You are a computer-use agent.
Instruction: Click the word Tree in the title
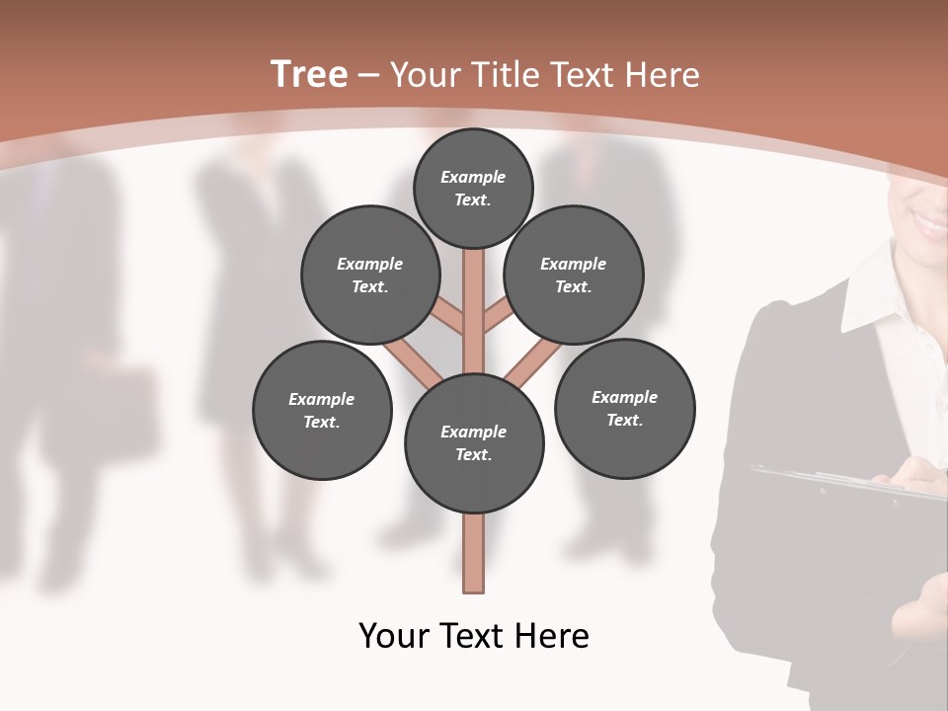click(309, 75)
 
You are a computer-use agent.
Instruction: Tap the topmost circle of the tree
click(473, 188)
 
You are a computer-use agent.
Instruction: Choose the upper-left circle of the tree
click(370, 275)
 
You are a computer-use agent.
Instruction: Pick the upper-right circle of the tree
click(574, 275)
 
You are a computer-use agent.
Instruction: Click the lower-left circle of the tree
click(322, 410)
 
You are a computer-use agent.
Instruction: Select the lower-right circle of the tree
click(624, 408)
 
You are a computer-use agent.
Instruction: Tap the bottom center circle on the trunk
click(474, 442)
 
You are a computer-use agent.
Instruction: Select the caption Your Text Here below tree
click(474, 636)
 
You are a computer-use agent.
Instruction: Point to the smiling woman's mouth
click(929, 223)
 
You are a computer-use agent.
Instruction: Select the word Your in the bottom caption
click(395, 636)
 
